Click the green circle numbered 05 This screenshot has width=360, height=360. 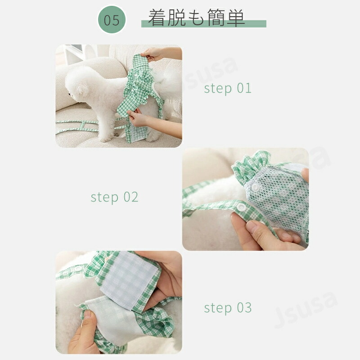[112, 20]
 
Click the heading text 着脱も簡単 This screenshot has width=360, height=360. [196, 18]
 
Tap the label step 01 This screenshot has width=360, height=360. [228, 88]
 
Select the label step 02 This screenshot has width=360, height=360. [114, 197]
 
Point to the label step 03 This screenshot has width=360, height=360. [228, 308]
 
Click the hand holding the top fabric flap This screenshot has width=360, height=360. [152, 54]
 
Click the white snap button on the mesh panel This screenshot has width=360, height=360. [255, 187]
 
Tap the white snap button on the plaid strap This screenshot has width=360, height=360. [242, 207]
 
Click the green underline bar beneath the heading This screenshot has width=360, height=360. [204, 24]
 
